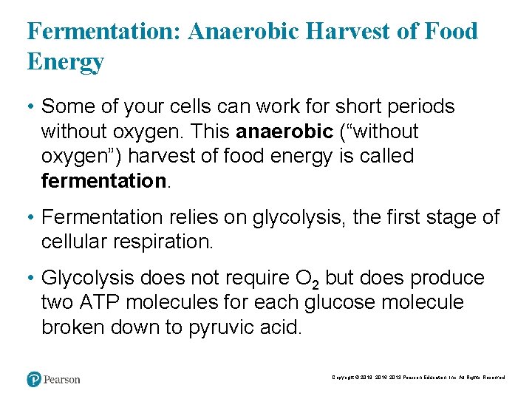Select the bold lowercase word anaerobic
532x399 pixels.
click(284, 132)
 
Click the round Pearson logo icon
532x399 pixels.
click(34, 379)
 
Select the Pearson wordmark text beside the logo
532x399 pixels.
click(61, 380)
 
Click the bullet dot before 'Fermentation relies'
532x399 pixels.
click(32, 218)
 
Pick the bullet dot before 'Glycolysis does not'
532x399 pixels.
click(32, 279)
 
